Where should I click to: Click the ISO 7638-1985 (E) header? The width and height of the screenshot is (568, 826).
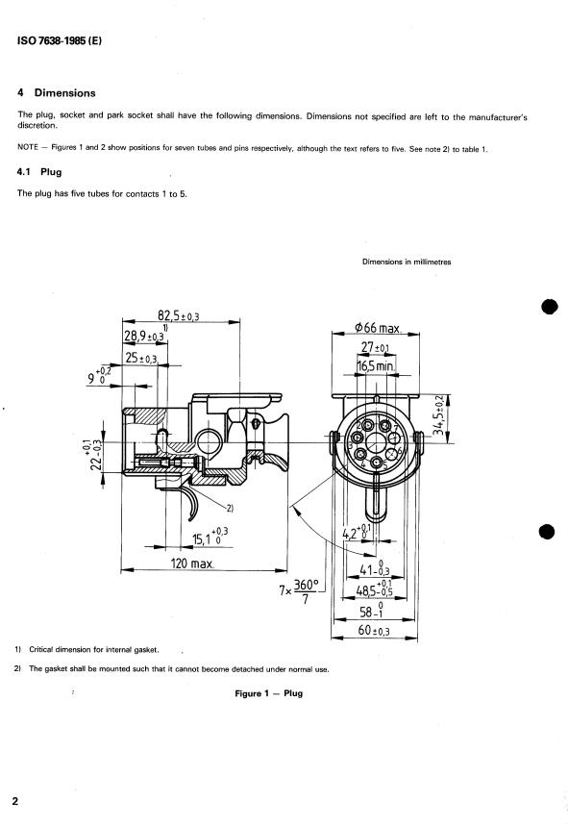click(59, 40)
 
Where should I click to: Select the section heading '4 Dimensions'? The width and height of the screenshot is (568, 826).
click(57, 92)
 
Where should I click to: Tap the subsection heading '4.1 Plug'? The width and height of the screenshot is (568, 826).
click(39, 172)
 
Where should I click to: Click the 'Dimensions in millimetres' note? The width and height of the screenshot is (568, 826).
click(407, 262)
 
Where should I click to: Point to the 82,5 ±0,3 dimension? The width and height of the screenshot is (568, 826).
click(179, 315)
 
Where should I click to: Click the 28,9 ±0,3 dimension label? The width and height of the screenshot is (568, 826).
click(144, 336)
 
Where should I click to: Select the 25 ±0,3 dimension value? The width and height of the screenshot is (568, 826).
click(141, 358)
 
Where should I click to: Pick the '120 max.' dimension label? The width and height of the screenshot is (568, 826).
click(192, 563)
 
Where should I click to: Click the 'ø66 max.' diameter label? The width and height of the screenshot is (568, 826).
click(378, 328)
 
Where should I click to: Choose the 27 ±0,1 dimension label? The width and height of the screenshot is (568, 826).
click(376, 347)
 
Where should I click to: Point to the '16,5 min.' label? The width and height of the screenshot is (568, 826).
click(376, 365)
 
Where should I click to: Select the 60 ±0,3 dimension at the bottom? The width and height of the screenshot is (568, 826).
click(374, 630)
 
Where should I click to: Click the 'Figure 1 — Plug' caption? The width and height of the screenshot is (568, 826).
click(268, 693)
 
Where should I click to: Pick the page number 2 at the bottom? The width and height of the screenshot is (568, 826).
click(14, 801)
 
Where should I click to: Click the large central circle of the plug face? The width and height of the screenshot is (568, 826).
click(376, 442)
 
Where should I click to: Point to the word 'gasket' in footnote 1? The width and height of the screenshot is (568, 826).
click(146, 649)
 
